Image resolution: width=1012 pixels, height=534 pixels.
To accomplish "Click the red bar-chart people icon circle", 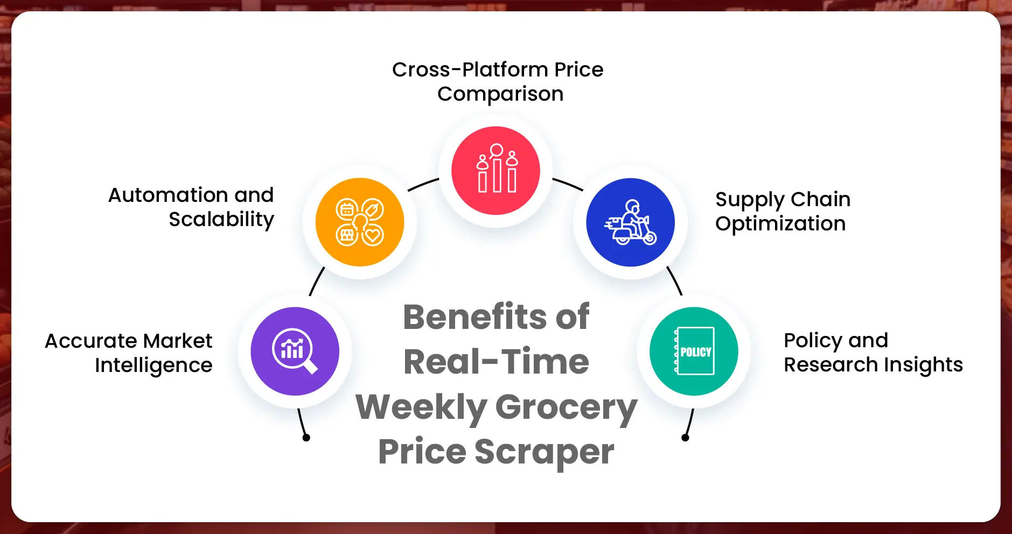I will click(x=495, y=171).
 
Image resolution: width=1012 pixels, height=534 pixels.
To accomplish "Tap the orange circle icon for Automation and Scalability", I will click(x=360, y=222).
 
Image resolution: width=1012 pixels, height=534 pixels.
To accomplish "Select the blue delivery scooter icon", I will click(x=630, y=222).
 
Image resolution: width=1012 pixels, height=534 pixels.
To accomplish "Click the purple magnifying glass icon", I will click(x=295, y=351).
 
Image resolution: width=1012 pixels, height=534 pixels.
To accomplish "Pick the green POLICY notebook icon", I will click(x=694, y=351).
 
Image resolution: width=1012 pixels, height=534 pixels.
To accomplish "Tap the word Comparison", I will click(x=500, y=94).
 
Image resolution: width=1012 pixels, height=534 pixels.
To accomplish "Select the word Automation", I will click(x=168, y=195).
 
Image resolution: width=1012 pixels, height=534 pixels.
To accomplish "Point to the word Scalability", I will click(x=221, y=220).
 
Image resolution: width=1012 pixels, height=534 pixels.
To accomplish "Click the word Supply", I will click(x=749, y=200).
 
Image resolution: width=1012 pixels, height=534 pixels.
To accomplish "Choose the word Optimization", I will click(x=780, y=224).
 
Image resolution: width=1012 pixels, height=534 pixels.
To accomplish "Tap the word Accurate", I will click(x=90, y=341).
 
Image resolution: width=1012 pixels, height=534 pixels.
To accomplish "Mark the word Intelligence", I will click(x=153, y=366).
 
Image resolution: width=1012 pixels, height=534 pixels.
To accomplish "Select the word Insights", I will click(x=923, y=365).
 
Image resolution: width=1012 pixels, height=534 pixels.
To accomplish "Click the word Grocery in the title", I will click(x=566, y=407).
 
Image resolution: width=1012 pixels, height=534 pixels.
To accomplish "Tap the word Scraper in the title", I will click(x=544, y=452).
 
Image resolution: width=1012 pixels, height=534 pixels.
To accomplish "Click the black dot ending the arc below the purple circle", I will click(x=306, y=438).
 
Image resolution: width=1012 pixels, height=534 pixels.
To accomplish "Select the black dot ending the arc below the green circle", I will click(x=685, y=438).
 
